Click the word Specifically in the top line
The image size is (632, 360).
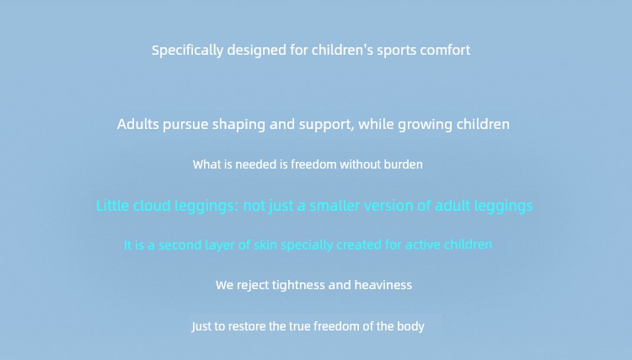click(187, 51)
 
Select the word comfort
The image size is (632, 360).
click(445, 50)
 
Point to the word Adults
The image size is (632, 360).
click(138, 124)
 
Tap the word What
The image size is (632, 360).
click(206, 164)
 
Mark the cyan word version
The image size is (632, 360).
click(388, 206)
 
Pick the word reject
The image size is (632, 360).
click(253, 286)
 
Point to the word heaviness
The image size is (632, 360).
click(383, 285)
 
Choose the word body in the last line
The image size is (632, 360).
click(410, 326)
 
